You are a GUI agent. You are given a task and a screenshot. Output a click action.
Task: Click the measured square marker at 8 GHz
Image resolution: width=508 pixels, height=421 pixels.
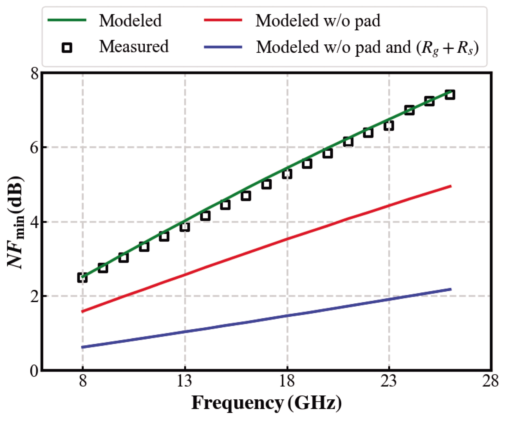click(x=82, y=278)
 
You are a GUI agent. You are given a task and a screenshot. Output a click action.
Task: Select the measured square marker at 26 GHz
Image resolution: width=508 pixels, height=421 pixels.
click(x=450, y=95)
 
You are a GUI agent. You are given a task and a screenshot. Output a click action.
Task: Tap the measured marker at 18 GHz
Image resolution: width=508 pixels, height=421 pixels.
click(x=287, y=174)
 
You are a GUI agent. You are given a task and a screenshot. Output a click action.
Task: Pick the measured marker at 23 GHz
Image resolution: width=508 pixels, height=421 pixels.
click(x=389, y=126)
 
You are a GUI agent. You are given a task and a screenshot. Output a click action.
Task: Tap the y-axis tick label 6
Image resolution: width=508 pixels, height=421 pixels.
click(x=34, y=147)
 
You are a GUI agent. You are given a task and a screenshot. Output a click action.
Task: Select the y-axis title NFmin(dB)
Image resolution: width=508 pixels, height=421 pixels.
click(x=16, y=222)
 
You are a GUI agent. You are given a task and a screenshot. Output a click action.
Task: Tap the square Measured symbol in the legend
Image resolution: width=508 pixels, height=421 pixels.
click(x=67, y=47)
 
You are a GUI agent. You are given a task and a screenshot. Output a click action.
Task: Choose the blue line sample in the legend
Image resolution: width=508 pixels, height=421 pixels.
click(x=223, y=47)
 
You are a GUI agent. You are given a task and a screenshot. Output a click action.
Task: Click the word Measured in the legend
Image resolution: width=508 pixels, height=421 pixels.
click(x=134, y=46)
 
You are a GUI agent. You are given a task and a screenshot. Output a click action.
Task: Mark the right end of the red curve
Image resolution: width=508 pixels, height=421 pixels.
click(x=451, y=186)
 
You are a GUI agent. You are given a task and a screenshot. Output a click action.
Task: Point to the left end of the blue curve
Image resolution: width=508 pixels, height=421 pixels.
click(x=82, y=347)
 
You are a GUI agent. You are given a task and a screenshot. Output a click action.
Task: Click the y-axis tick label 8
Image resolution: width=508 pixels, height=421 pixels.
click(x=34, y=74)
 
